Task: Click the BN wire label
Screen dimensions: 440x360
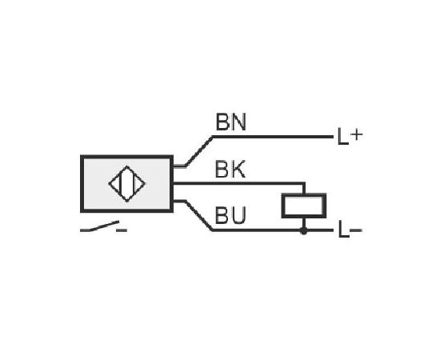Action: [230, 122]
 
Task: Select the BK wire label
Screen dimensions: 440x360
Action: [230, 169]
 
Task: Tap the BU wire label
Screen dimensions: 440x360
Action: [230, 215]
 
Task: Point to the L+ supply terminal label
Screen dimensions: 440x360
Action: [350, 136]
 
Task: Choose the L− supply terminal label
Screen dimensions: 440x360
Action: [350, 230]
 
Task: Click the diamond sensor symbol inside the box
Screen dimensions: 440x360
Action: [127, 184]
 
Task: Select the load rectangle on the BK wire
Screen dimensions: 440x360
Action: [304, 206]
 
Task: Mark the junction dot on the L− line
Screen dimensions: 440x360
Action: [304, 230]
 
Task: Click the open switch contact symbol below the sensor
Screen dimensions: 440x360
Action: [100, 226]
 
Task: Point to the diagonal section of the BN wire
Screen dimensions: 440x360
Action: [199, 151]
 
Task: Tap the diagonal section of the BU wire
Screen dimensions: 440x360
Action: [199, 216]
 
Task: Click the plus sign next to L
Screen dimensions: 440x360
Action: [356, 135]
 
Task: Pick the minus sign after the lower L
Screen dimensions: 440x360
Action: [356, 230]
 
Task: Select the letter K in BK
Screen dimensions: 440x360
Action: [238, 169]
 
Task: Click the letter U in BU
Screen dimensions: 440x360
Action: [238, 215]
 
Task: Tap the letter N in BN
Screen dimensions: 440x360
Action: [238, 122]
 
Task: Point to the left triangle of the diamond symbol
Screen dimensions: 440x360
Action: [115, 184]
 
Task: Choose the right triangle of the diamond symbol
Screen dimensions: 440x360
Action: [139, 184]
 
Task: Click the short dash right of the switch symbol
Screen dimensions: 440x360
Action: [122, 230]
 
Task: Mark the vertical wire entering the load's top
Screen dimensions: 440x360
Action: [304, 189]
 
